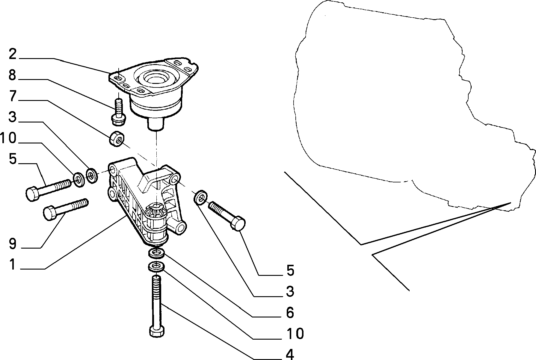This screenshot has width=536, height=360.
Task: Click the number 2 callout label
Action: pyautogui.click(x=12, y=54)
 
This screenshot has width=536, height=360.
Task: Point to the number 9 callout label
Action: pyautogui.click(x=12, y=243)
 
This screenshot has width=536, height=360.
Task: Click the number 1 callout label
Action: pyautogui.click(x=12, y=264)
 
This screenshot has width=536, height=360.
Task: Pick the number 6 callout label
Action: pyautogui.click(x=290, y=313)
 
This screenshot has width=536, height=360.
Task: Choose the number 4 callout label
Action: pyautogui.click(x=290, y=355)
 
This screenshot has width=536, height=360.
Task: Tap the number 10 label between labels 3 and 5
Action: pyautogui.click(x=8, y=139)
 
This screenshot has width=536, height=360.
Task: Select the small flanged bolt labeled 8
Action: pyautogui.click(x=119, y=111)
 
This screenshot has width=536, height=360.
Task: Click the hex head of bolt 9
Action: pyautogui.click(x=49, y=213)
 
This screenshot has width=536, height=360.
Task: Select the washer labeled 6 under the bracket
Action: pyautogui.click(x=156, y=253)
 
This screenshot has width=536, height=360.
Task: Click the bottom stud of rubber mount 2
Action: pyautogui.click(x=156, y=123)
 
